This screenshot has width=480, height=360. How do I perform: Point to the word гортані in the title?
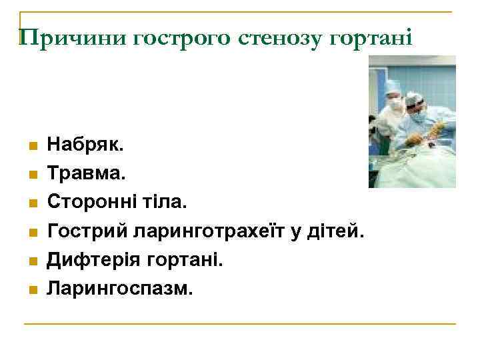point(374,38)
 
